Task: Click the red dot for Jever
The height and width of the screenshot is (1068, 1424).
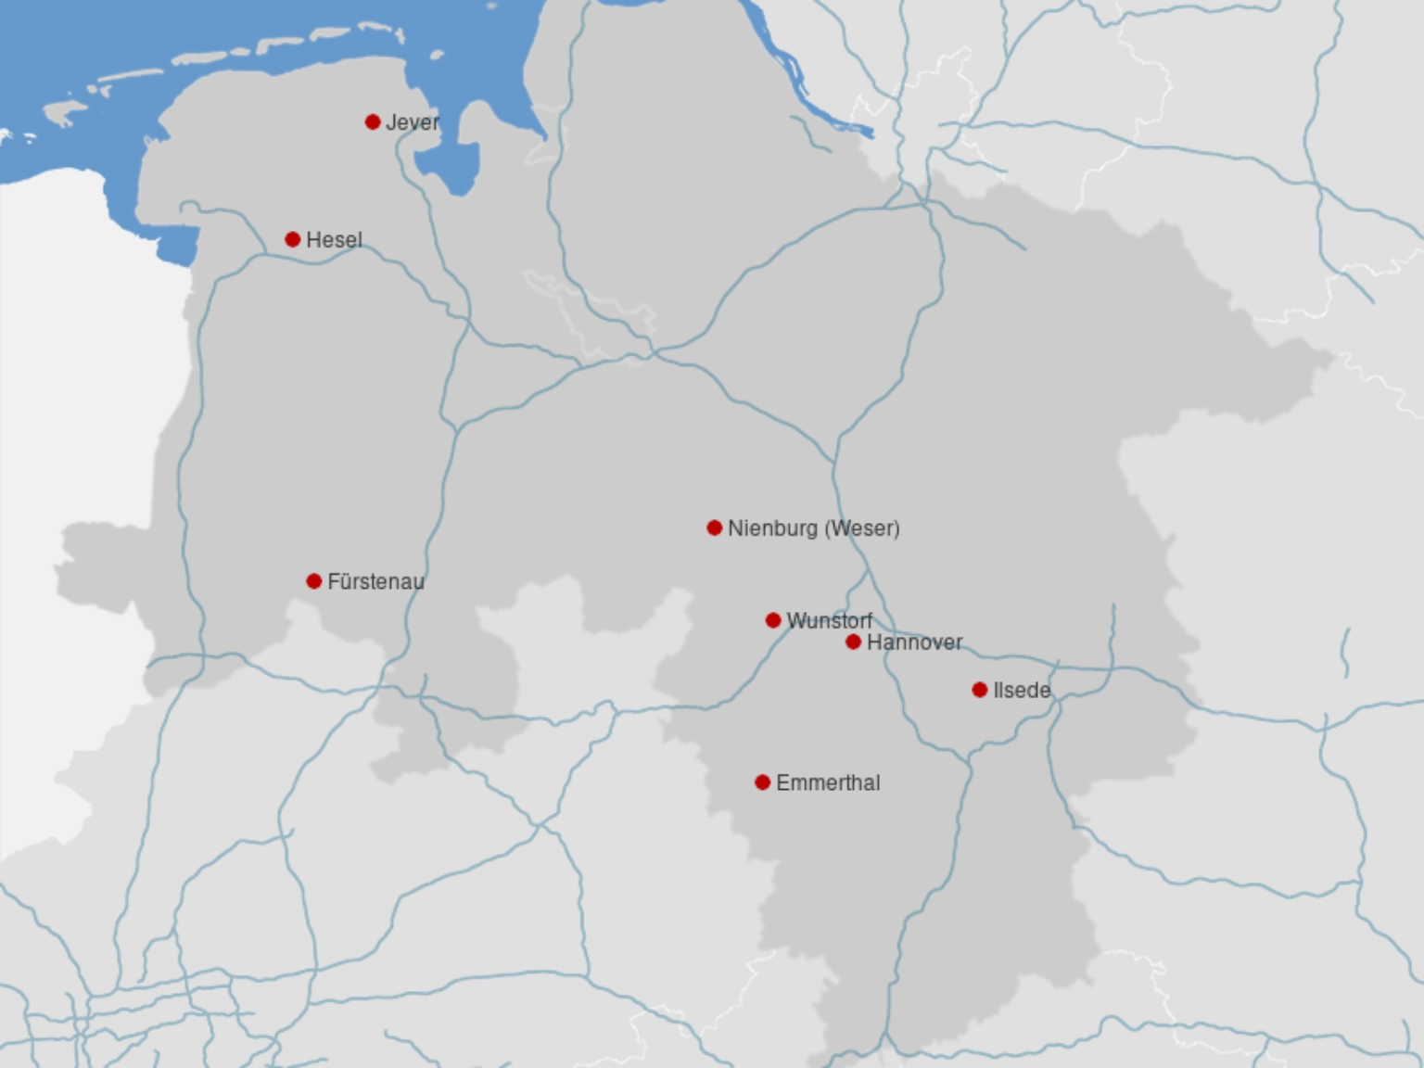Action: click(373, 121)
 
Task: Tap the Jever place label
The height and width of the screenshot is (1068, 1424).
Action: click(413, 122)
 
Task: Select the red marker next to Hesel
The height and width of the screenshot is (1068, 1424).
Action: click(293, 239)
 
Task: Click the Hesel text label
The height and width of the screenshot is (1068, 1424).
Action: click(334, 240)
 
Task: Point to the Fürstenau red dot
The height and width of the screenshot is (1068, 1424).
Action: click(314, 581)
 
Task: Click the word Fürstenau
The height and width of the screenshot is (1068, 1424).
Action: click(375, 582)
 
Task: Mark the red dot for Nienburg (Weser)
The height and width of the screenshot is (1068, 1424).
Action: click(715, 528)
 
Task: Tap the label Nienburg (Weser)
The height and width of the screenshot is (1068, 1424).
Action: click(813, 528)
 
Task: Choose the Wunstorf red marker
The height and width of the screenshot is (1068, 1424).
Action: click(773, 620)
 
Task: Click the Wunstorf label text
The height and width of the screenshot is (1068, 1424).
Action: click(829, 621)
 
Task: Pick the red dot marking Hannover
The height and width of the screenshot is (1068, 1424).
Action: click(854, 642)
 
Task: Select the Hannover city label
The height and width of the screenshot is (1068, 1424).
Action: click(914, 642)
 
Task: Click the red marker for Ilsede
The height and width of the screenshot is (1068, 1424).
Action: click(980, 690)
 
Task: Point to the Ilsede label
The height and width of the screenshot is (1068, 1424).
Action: click(1022, 691)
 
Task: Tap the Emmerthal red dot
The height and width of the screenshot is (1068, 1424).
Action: click(763, 782)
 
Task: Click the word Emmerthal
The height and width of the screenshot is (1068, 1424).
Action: click(828, 783)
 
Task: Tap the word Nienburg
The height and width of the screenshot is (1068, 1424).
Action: click(772, 528)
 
